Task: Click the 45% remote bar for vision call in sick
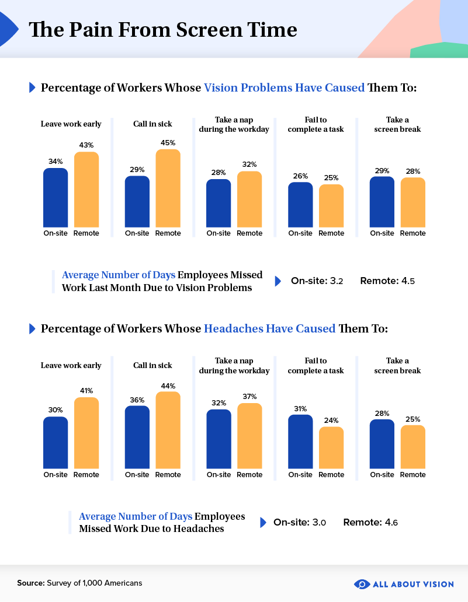coord(168,188)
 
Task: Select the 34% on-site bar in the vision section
coord(56,198)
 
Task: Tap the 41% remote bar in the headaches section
coord(86,433)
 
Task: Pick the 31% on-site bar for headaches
coord(300,442)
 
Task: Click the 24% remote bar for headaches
coord(331,447)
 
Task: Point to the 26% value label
coord(300,175)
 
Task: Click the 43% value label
coord(86,145)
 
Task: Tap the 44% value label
coord(168,386)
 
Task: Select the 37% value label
coord(249,397)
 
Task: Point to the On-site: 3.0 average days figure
coord(300,522)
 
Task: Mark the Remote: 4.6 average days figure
coord(370,522)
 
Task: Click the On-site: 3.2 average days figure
coord(317,281)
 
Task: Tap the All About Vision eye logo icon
coord(362,583)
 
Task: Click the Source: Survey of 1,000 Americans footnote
coord(79,583)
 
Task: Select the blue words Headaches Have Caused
coord(269,329)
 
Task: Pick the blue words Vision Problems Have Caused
coord(284,88)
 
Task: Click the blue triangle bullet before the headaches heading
coord(32,329)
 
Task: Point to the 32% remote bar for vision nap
coord(249,199)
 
